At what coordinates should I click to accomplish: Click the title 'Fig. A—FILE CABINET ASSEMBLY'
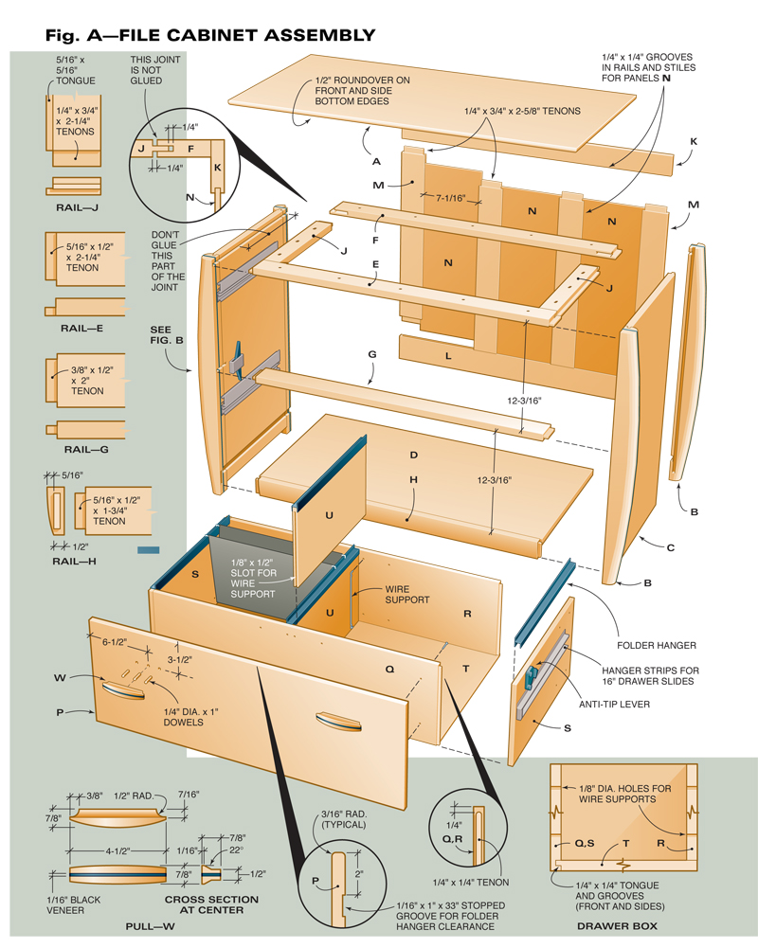pos(210,35)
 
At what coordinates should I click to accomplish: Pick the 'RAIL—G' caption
pos(85,449)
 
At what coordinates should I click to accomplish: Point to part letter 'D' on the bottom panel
pos(414,456)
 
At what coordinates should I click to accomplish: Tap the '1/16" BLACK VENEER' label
pos(79,904)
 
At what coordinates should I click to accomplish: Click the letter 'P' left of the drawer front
pos(59,711)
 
